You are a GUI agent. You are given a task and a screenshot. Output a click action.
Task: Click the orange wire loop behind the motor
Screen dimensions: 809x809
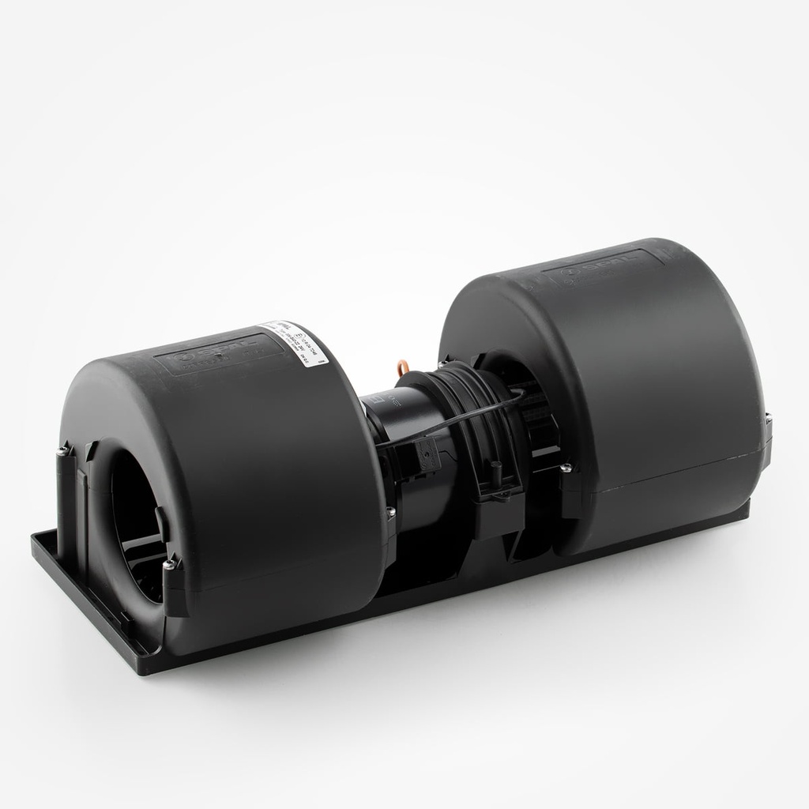tap(405, 367)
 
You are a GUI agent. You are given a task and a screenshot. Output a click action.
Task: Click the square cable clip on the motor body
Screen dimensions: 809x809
tap(426, 457)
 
